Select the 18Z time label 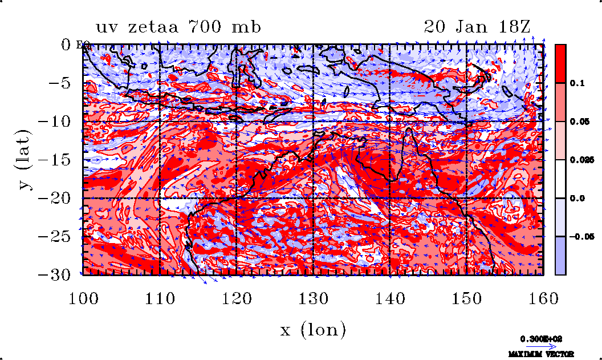[513, 27]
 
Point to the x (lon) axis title [313, 329]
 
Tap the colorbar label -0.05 [582, 236]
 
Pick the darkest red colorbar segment [560, 63]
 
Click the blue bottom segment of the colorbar [560, 256]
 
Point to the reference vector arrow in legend [538, 346]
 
